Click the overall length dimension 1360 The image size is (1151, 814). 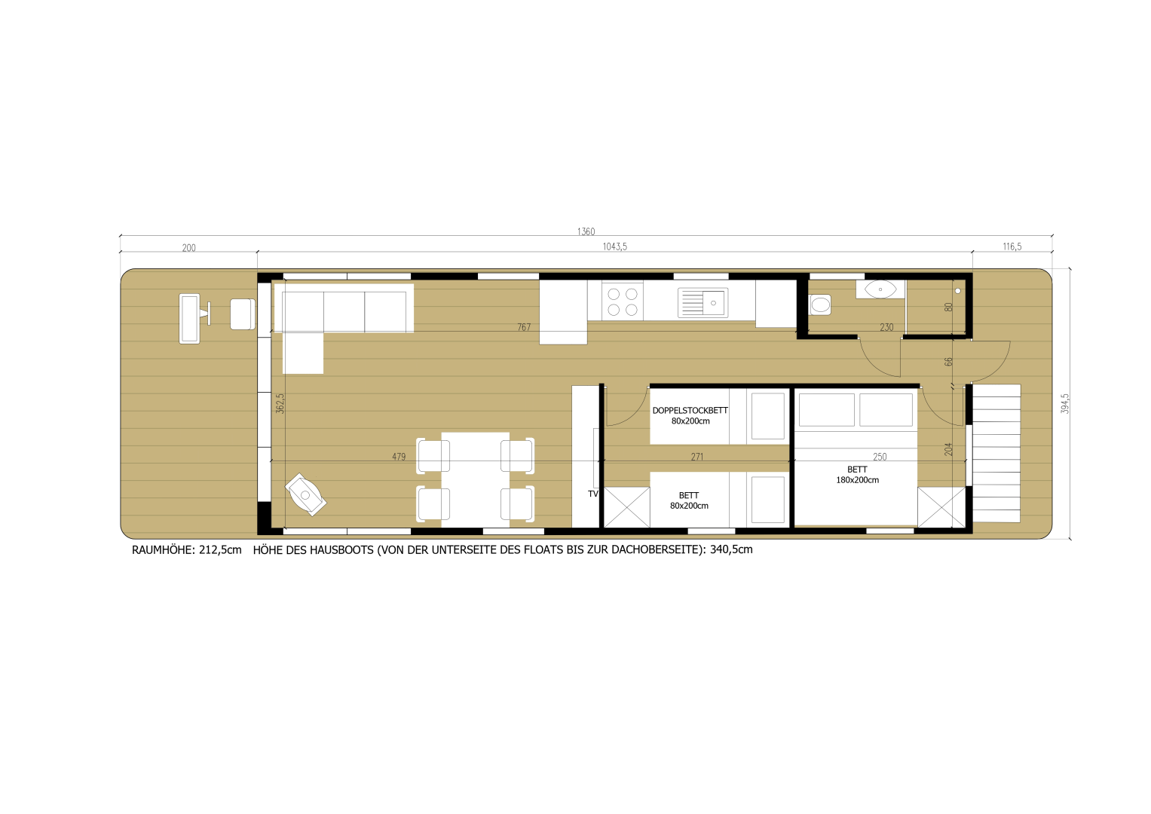(x=586, y=231)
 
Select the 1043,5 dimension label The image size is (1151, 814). (x=614, y=246)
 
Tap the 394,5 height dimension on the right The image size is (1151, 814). (x=1065, y=403)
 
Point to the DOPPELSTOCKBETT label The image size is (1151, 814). (x=690, y=411)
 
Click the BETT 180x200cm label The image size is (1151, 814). (x=857, y=474)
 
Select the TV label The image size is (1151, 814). (x=592, y=494)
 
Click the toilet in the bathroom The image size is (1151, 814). (x=819, y=304)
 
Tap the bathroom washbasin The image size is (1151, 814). (x=880, y=289)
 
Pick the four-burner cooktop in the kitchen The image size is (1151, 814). (x=622, y=301)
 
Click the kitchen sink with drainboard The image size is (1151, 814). (x=703, y=302)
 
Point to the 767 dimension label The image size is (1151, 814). (x=524, y=327)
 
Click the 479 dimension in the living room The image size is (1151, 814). (x=399, y=457)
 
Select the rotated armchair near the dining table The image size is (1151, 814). (x=306, y=494)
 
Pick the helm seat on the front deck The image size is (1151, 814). (x=242, y=314)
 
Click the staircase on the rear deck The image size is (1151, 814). (x=996, y=453)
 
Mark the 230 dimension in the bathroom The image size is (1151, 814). (x=886, y=327)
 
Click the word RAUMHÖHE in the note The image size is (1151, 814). (x=164, y=550)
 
